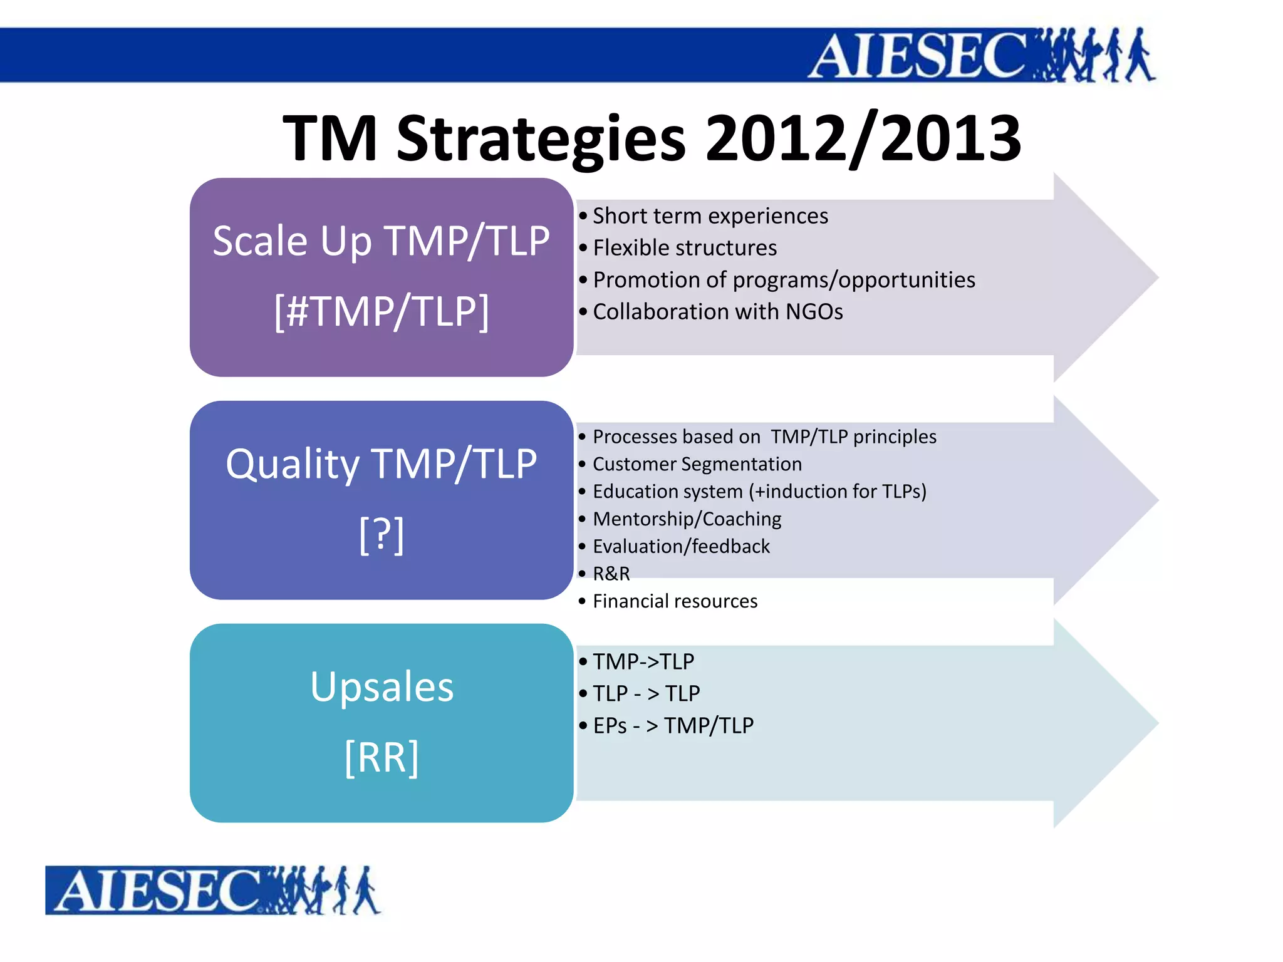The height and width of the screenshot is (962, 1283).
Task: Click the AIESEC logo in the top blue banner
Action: [980, 55]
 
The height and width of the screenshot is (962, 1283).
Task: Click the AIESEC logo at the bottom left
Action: [213, 890]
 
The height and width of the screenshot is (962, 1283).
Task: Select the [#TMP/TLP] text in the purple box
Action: [382, 311]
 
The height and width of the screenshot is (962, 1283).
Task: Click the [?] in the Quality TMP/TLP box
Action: [382, 534]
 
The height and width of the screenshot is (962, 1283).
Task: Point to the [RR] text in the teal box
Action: [382, 757]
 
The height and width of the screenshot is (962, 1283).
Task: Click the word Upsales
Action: [382, 687]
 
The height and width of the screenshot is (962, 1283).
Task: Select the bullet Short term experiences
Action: [710, 216]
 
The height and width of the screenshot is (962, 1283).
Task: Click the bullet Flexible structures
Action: [684, 248]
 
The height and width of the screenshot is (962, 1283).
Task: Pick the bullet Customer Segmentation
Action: [697, 464]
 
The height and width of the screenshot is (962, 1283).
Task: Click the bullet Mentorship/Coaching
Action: [687, 519]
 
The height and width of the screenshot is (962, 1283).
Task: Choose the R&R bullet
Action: [611, 574]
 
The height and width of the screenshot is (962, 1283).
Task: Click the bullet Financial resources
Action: [675, 601]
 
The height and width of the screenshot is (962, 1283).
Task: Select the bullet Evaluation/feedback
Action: [681, 547]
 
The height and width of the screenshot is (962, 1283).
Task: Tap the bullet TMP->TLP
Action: [643, 662]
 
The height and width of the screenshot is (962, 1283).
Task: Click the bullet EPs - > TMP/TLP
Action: [673, 726]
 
